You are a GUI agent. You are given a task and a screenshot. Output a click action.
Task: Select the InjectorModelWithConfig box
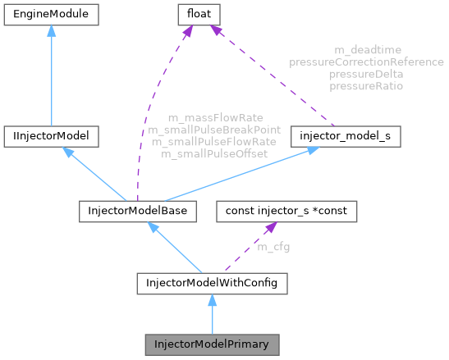(212, 285)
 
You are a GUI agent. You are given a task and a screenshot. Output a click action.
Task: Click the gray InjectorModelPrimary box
(212, 344)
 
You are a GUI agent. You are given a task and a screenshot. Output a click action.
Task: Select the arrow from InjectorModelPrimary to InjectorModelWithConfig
(212, 316)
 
